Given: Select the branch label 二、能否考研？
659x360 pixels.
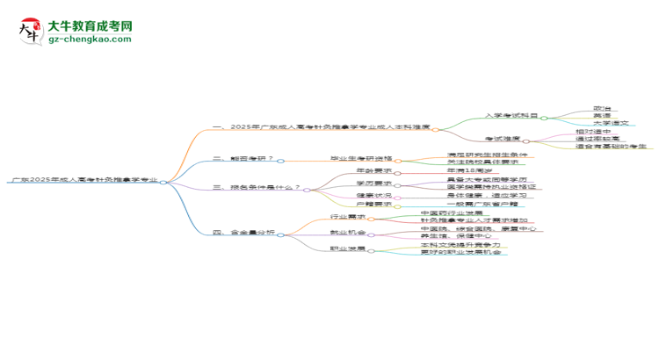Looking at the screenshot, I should click(243, 160).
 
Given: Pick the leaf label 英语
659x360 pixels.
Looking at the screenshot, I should click(603, 115).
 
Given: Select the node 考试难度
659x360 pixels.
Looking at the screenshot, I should click(503, 139).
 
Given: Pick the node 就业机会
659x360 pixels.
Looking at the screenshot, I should click(348, 233).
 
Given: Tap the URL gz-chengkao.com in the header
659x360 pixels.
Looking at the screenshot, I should click(90, 40).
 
